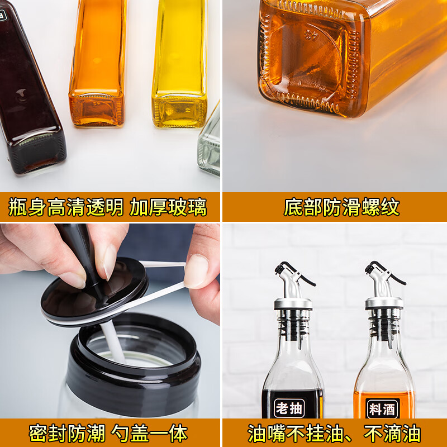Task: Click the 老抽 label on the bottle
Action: pos(289,408)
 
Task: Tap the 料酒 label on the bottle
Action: pos(382,408)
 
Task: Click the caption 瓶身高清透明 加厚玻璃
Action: pos(108,207)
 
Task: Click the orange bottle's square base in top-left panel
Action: pos(96,109)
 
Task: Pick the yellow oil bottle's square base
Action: pos(179,111)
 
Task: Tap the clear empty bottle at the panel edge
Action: pos(210,145)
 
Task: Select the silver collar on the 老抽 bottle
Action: pos(293,303)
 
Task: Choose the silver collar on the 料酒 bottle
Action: pos(384,303)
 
